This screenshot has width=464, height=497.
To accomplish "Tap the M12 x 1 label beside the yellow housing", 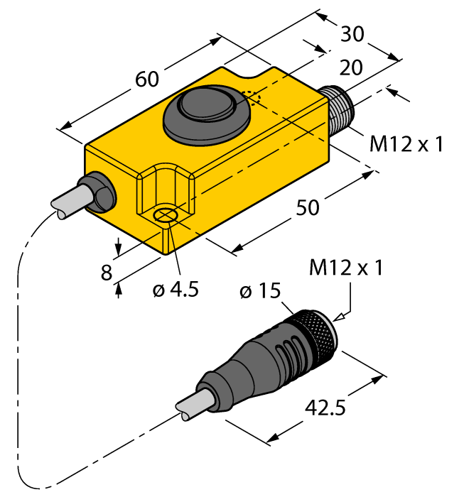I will pyautogui.click(x=406, y=144).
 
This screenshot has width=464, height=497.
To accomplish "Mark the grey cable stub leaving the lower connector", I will pyautogui.click(x=194, y=405).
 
